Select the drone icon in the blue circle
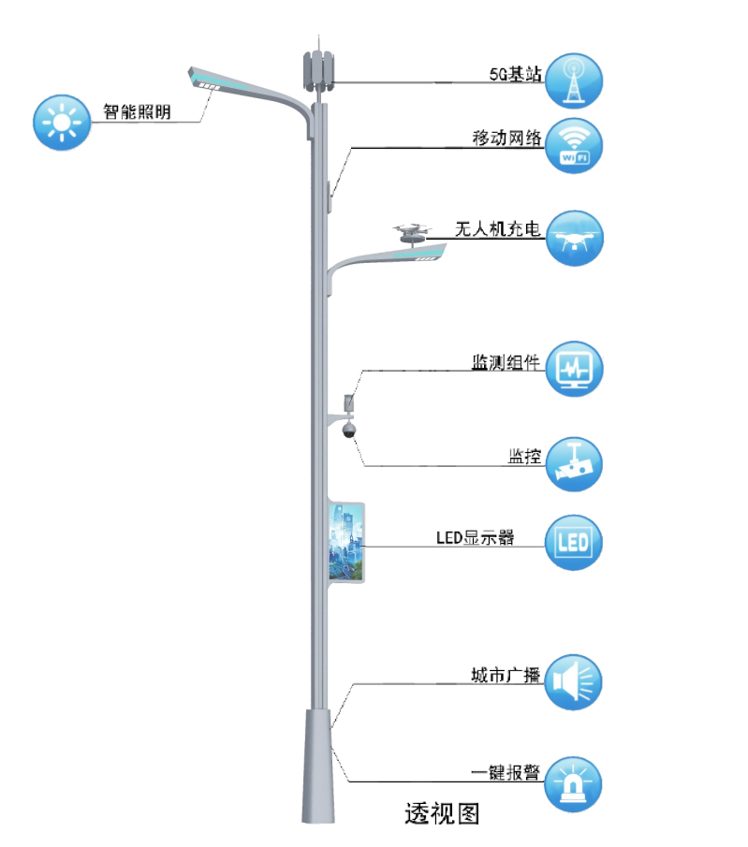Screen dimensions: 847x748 [574, 238]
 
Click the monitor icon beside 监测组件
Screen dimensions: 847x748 [574, 369]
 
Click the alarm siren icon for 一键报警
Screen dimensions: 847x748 [574, 783]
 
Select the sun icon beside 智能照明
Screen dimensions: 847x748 [62, 123]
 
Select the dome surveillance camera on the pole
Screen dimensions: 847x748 [348, 430]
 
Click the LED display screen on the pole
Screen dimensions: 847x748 [345, 543]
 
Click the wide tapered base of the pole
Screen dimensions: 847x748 [316, 767]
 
